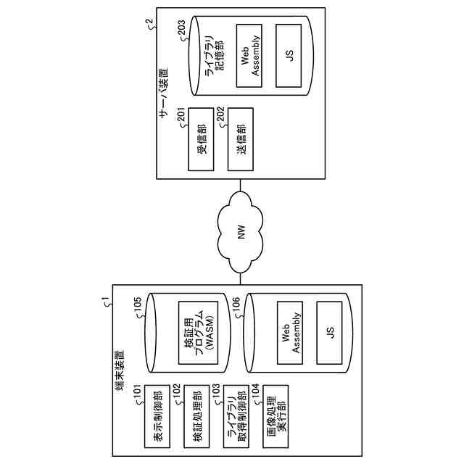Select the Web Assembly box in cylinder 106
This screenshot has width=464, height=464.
(x=291, y=334)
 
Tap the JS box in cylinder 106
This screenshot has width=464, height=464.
(x=330, y=334)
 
